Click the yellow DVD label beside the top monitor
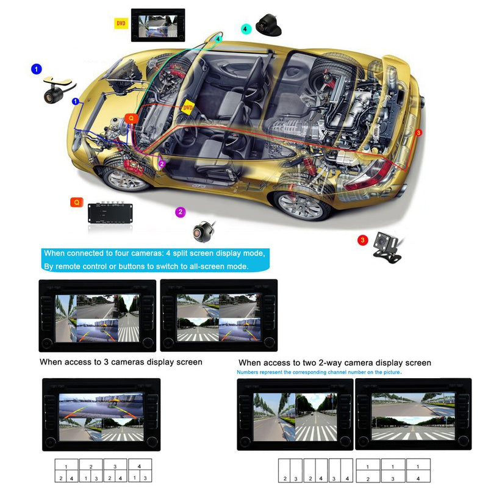point(121,24)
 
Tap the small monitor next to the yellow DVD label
point(157,25)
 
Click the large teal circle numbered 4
point(246,29)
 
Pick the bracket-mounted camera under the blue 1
point(56,88)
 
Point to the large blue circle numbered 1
point(36,70)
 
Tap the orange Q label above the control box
point(77,202)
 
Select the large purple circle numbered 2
point(180,212)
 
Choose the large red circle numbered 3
point(362,240)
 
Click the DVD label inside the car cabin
point(188,108)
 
